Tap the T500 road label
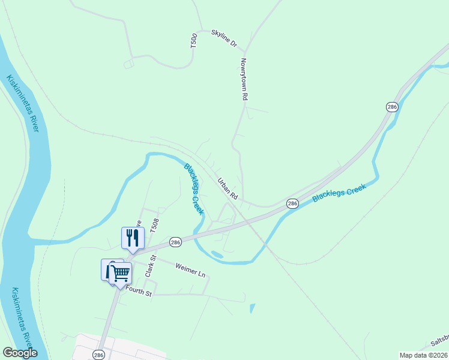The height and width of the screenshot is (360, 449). (193, 41)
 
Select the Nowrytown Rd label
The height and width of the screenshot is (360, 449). (244, 79)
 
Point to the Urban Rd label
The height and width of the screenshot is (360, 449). (228, 188)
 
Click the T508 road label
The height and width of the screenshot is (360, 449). (155, 226)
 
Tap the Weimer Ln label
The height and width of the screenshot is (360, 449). (190, 270)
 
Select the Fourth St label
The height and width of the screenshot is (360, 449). (139, 293)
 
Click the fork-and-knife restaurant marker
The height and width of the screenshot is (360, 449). (132, 238)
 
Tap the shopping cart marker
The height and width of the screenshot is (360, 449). (121, 273)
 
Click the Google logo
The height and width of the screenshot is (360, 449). (20, 353)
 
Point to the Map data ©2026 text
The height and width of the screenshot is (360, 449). (424, 355)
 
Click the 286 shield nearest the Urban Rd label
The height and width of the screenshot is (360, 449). (292, 204)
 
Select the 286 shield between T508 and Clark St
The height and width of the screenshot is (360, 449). (175, 242)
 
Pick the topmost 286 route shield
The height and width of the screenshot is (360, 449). (392, 107)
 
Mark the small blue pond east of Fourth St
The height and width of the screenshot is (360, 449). (252, 309)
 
